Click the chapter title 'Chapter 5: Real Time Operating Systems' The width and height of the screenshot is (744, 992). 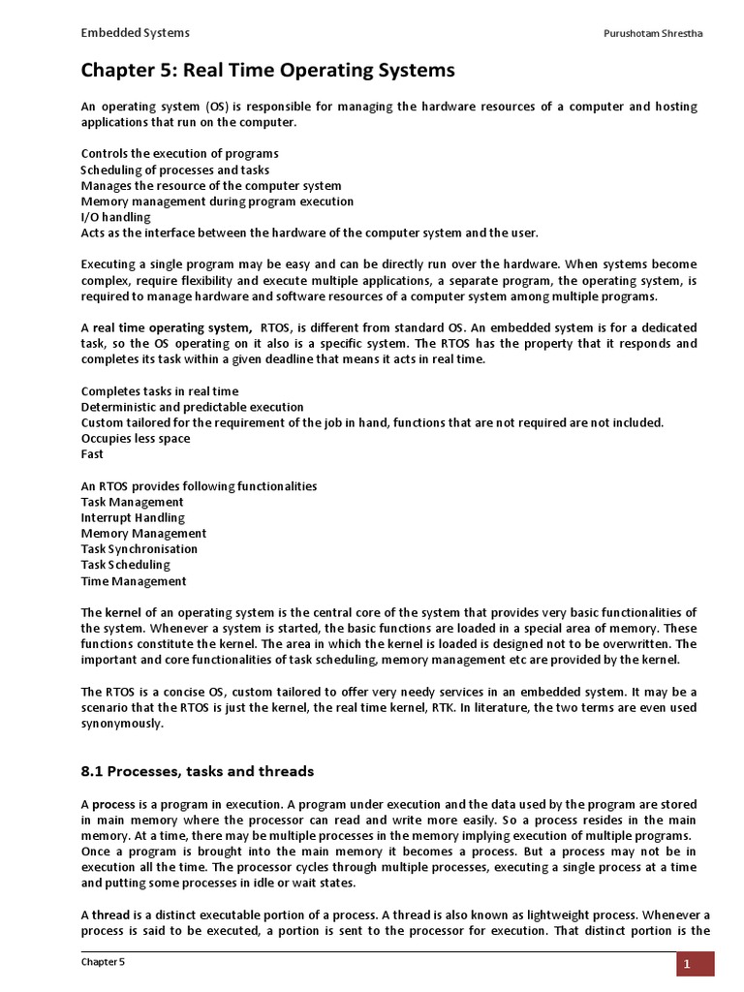267,71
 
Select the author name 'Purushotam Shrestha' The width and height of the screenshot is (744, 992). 653,35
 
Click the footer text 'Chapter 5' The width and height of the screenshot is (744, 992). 103,962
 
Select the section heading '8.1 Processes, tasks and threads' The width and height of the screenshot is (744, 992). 198,771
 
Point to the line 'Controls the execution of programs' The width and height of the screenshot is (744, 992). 179,154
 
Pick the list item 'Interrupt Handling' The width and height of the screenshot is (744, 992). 133,517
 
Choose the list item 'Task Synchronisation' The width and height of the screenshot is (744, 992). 139,548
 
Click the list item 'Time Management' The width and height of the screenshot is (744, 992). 134,581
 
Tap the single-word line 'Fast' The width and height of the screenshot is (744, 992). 92,453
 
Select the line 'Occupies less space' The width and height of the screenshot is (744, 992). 135,438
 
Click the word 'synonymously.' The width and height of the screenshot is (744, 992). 123,723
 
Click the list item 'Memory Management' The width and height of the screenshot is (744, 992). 143,533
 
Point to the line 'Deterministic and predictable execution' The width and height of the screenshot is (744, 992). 192,407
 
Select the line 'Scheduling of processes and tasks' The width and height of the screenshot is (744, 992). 175,170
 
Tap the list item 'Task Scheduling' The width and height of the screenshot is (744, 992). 125,564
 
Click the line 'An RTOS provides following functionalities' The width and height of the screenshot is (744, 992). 199,485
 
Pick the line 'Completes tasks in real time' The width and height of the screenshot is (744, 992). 159,391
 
